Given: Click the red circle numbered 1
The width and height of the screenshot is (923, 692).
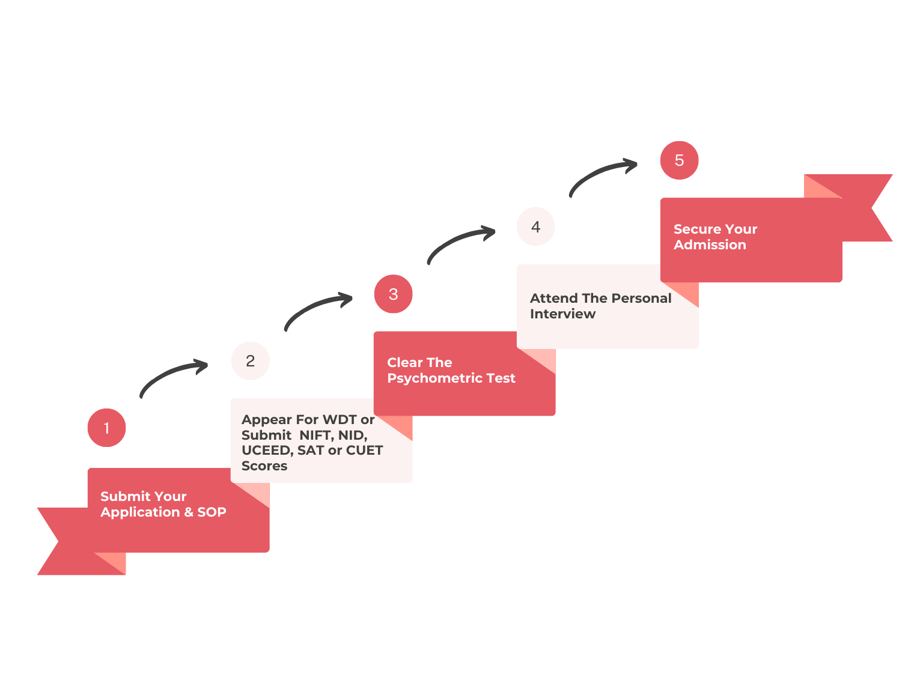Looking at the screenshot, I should (x=106, y=428).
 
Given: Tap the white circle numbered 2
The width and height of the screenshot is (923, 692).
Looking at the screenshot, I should (x=250, y=361).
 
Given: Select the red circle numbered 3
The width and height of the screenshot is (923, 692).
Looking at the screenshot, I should (x=393, y=294).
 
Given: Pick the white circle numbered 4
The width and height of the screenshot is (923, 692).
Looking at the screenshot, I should (x=535, y=227).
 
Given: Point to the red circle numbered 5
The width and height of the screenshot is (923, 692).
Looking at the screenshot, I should (x=679, y=160).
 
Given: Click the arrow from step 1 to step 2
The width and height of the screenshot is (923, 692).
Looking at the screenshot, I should (x=172, y=375).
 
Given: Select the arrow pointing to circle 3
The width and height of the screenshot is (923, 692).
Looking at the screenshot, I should (x=316, y=308).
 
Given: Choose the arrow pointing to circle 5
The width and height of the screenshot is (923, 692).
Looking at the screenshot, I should (x=602, y=174).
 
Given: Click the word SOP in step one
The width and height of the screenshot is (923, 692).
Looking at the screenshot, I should (x=212, y=512).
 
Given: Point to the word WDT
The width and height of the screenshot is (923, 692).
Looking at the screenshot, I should (x=340, y=419).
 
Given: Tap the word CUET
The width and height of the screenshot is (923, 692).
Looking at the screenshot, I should (x=364, y=450).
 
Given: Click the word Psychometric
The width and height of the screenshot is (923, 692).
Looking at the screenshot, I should (x=430, y=378).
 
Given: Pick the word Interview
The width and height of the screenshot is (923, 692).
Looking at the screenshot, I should (x=562, y=314).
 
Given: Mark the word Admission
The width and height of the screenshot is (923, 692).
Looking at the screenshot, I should (x=710, y=244).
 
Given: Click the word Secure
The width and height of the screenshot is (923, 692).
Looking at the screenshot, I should (x=698, y=229).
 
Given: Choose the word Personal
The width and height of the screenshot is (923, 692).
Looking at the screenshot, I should (x=641, y=298).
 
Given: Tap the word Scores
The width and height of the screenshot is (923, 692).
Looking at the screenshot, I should (x=264, y=466).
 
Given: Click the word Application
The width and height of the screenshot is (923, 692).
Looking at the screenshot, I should (x=140, y=512).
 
